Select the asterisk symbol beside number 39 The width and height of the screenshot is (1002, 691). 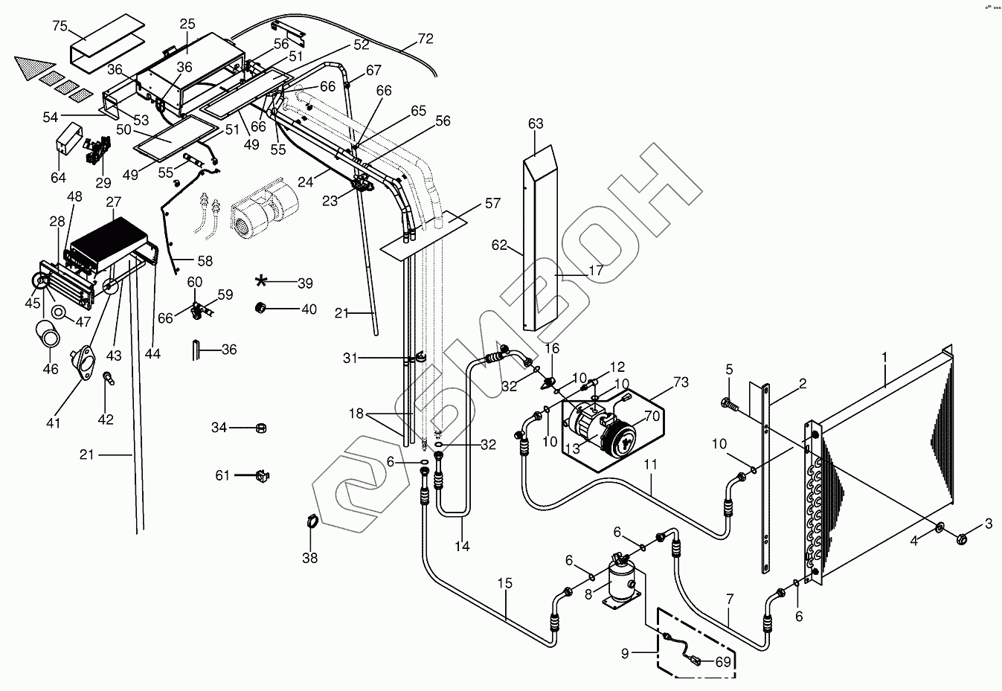tap(262, 281)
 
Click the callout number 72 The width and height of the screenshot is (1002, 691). tap(425, 37)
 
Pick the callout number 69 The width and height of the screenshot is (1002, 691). tap(723, 661)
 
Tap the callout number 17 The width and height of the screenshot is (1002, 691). tap(596, 271)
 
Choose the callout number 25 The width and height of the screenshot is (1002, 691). tap(186, 24)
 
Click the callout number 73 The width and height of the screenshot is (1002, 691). tap(681, 383)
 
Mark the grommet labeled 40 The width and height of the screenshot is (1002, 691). tap(262, 308)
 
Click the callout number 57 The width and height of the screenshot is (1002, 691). tap(492, 203)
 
